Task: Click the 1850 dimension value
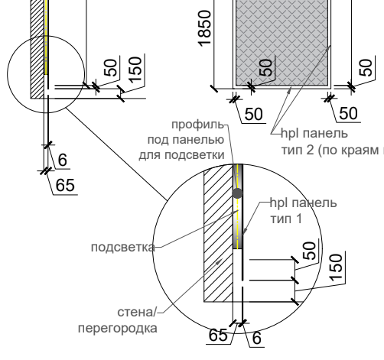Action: tap(205, 28)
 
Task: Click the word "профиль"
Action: tap(198, 125)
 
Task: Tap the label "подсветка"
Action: tap(123, 248)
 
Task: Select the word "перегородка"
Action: tap(118, 329)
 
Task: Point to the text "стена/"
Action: tap(137, 313)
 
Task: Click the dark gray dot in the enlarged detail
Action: tap(237, 193)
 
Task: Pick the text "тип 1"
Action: tap(286, 219)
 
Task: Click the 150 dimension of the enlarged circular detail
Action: tap(336, 268)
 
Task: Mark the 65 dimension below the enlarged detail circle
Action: tap(218, 335)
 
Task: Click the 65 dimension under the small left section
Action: tap(65, 185)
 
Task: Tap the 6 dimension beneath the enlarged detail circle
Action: tap(257, 338)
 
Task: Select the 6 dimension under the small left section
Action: tap(63, 160)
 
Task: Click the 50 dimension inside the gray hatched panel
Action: tap(265, 67)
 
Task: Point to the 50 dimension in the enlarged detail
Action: tap(310, 251)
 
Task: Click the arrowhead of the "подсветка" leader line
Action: tap(236, 212)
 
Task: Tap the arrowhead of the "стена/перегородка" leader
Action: tap(220, 261)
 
